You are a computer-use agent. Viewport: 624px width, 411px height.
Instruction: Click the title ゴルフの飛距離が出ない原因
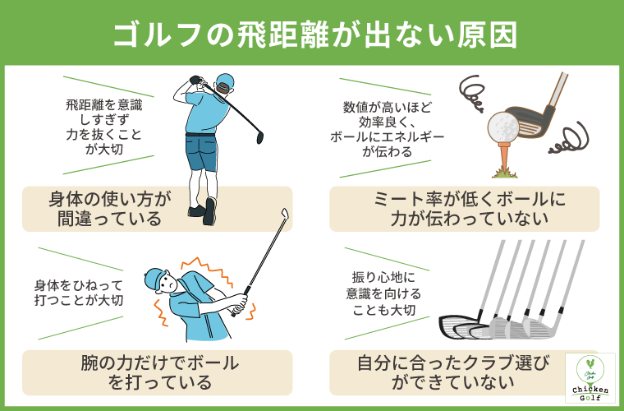315,35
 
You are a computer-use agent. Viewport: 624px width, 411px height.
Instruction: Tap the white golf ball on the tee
503,127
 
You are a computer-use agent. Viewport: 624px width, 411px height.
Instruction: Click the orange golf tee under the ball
506,155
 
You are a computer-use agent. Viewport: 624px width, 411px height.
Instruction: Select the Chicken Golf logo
590,377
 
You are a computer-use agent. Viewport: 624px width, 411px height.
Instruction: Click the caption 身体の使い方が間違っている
109,209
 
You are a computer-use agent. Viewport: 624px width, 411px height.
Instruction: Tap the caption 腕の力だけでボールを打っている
159,372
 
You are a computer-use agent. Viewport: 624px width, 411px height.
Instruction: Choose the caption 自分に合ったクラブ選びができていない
453,372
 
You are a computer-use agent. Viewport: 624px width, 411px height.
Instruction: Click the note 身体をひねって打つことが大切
79,293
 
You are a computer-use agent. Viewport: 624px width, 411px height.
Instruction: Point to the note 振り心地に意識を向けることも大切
383,294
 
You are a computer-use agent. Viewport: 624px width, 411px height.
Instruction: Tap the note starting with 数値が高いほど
387,130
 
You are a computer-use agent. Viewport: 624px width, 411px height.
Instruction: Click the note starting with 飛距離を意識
104,127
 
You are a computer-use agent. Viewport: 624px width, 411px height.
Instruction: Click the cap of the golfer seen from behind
225,81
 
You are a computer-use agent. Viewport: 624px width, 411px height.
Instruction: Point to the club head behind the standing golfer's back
260,136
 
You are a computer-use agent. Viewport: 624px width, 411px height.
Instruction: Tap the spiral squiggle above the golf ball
472,94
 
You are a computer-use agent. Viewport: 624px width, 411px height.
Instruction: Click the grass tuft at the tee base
505,173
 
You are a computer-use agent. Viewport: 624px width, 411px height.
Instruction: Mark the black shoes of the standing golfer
203,211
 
